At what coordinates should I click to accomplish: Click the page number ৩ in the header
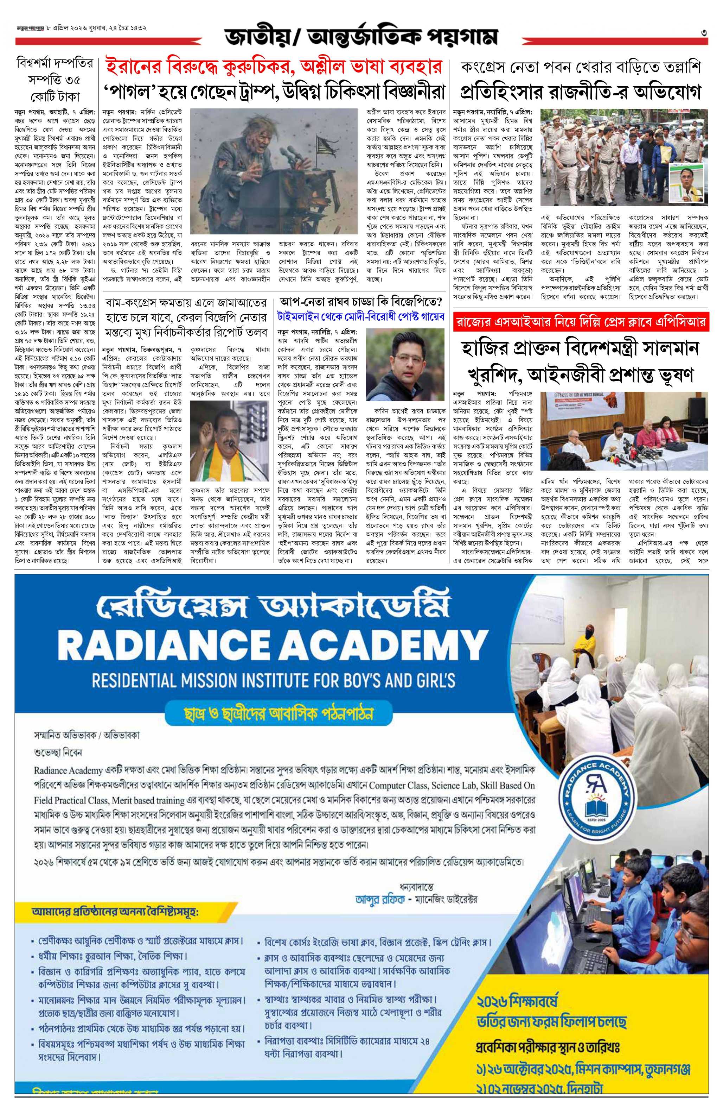tap(705, 32)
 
